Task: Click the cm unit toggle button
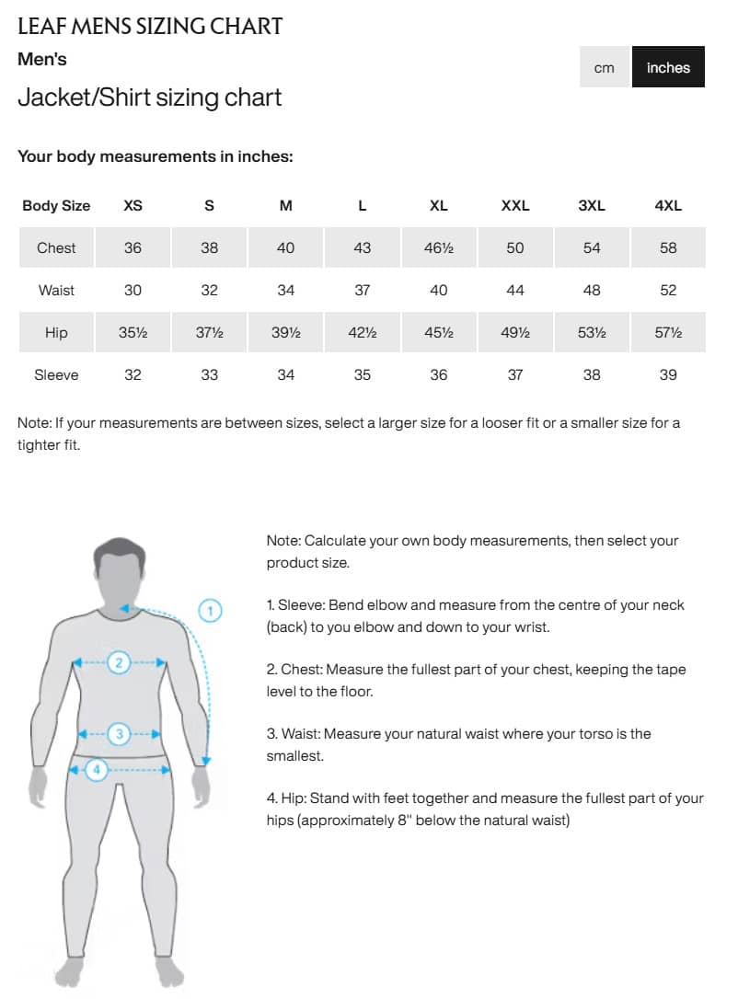605,67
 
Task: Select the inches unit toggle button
668,67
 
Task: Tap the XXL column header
515,206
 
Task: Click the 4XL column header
668,206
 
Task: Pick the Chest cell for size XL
439,247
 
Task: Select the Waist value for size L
363,290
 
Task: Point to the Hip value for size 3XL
592,332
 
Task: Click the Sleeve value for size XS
133,374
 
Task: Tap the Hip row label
56,332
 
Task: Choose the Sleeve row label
56,374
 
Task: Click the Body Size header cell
56,206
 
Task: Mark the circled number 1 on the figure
211,610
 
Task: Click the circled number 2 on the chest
119,661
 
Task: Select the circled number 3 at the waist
120,733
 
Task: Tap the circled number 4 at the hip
97,769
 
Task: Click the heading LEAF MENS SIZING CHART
150,26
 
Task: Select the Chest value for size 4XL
668,247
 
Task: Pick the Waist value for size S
210,290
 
